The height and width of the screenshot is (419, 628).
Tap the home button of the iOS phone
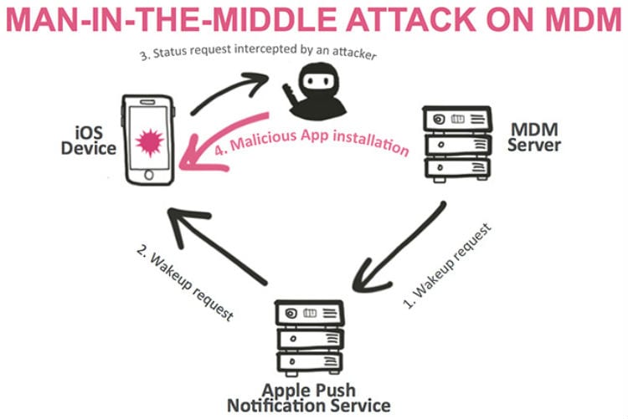coord(150,177)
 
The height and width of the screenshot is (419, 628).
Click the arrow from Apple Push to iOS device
coord(218,243)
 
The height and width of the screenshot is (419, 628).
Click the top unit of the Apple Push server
coord(311,314)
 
